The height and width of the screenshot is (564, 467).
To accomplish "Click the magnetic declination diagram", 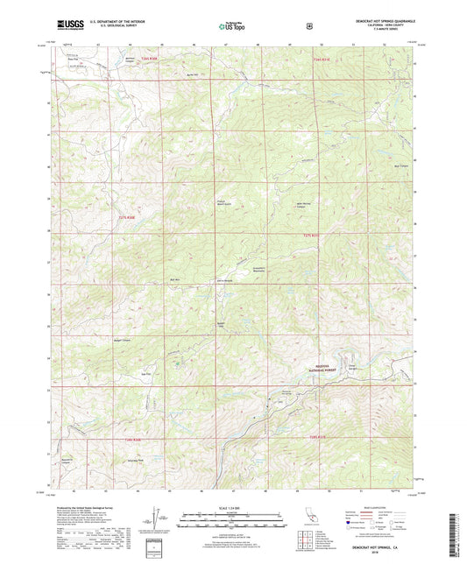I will point(159,520).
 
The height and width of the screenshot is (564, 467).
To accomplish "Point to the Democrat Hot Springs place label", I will point(285,391).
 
